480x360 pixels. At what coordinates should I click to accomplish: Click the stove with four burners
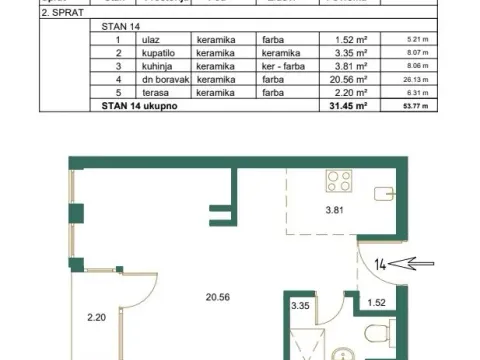(x=339, y=182)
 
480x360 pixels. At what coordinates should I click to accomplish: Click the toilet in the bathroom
(x=374, y=334)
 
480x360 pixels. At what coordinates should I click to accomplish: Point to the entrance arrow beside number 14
(x=409, y=265)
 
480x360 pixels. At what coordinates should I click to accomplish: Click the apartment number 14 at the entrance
(x=381, y=265)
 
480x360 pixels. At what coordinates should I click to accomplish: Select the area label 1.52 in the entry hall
(x=377, y=302)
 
